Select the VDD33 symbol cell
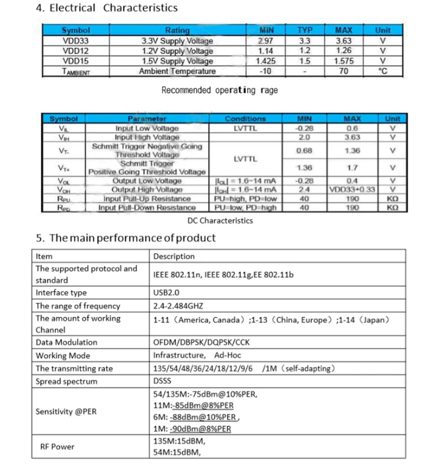76,41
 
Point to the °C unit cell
382,71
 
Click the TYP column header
305,30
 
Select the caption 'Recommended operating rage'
219,90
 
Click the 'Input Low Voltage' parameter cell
147,128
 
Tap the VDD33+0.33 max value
353,189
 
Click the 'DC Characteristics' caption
219,220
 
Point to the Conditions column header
245,119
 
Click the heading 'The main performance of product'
124,238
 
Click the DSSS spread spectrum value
163,381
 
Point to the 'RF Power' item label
58,446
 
